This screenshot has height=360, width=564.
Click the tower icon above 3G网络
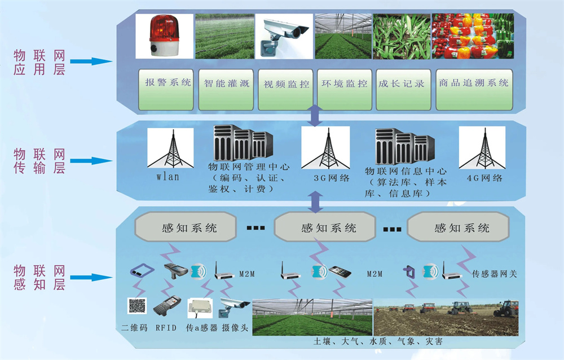point(324,148)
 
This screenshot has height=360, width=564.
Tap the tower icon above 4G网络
point(482,148)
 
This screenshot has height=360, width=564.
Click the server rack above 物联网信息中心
point(405,146)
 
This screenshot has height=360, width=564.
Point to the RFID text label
point(168,327)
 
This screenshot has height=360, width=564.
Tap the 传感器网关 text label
point(494,274)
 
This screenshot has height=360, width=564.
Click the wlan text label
point(168,177)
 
